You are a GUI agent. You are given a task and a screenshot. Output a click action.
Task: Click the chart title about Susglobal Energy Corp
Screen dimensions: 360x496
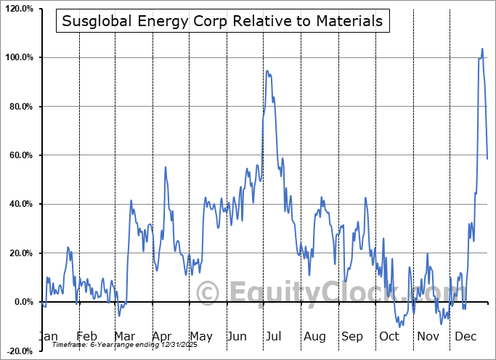222,21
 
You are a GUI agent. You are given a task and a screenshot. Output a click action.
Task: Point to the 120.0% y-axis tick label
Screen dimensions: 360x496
19,9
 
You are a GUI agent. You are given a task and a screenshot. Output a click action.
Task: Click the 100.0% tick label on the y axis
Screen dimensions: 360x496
19,57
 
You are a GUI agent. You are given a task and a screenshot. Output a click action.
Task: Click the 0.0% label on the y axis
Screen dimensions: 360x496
22,302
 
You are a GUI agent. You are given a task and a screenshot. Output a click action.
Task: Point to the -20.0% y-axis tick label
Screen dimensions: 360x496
20,351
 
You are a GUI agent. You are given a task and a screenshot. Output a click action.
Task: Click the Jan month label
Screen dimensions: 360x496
48,336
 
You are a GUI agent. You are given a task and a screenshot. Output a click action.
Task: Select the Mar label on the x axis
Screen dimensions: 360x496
124,336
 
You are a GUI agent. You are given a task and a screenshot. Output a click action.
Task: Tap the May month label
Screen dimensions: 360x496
200,336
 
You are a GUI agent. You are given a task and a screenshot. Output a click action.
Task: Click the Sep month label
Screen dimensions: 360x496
352,336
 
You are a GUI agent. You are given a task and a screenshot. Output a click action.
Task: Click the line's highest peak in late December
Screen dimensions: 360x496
482,49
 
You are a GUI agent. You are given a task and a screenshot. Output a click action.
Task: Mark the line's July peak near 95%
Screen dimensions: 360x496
267,70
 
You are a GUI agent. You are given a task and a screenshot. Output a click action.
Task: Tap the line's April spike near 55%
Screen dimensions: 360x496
166,167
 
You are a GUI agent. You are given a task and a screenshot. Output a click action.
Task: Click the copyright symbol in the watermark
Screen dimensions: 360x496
208,293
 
